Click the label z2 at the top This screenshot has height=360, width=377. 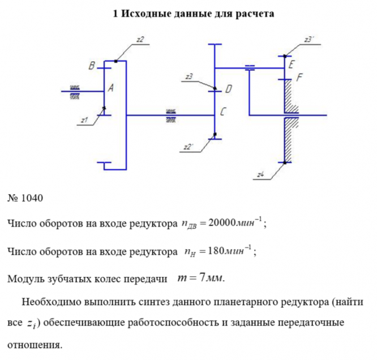[x=140, y=39]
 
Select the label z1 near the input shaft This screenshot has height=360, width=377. [x=84, y=120]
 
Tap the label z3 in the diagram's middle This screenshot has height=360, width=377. [x=189, y=76]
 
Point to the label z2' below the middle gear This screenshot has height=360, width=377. [x=190, y=148]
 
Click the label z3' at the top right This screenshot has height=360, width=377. [x=309, y=39]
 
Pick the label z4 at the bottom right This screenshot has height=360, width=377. [x=260, y=175]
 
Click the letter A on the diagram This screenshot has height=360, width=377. [x=110, y=88]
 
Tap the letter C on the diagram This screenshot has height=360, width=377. [x=224, y=113]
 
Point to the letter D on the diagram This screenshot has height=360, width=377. [x=228, y=89]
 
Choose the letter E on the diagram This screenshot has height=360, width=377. [x=291, y=65]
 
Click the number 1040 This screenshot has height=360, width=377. [x=32, y=199]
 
